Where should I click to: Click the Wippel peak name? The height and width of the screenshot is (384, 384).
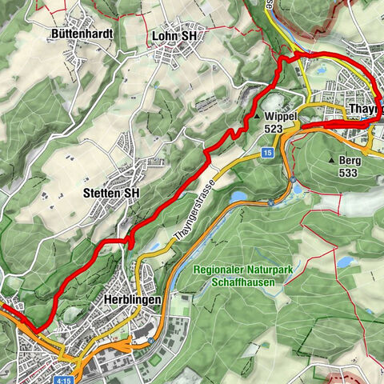click(286, 116)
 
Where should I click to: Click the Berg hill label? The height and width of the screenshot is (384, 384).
click(350, 161)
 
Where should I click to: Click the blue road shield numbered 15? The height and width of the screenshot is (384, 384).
click(267, 151)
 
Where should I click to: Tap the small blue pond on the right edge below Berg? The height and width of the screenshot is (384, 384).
click(344, 262)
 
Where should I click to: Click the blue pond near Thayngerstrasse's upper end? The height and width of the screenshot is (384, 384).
click(238, 196)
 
